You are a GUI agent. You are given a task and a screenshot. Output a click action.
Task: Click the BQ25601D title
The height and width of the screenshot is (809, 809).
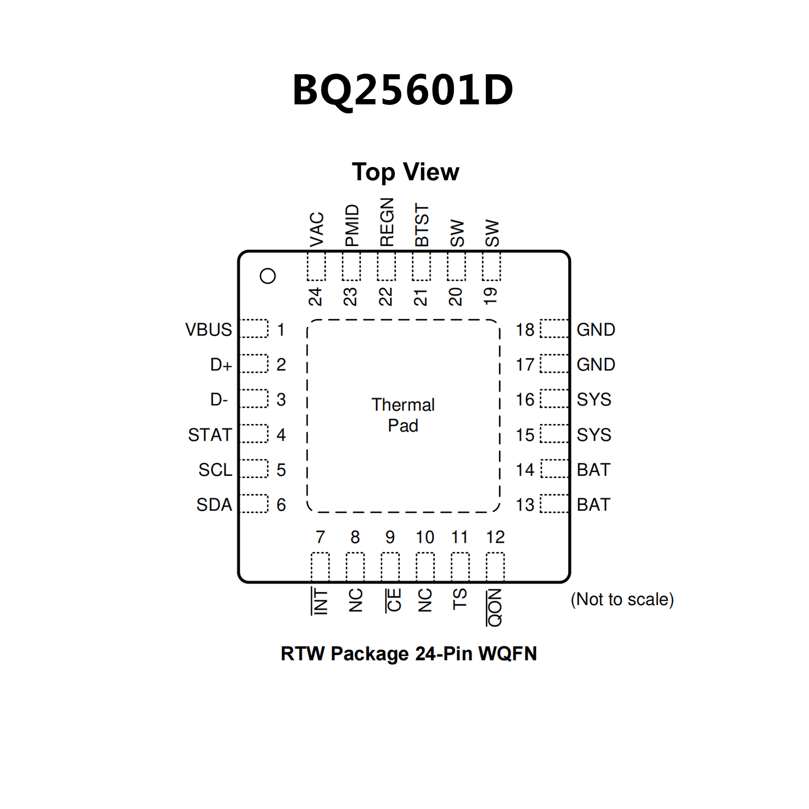[x=403, y=90]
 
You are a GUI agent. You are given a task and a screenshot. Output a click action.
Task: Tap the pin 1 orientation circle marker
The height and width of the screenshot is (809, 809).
[x=268, y=276]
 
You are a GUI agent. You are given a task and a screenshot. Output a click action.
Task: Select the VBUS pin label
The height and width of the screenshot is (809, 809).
[x=209, y=329]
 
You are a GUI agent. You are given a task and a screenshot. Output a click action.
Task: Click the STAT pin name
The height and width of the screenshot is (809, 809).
[x=210, y=435]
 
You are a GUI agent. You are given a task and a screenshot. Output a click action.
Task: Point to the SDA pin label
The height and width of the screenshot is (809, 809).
[x=214, y=505]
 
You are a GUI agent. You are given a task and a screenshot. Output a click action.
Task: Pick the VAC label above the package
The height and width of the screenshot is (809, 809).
[x=316, y=230]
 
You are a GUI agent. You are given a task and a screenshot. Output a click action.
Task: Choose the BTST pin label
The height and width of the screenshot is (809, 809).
[x=422, y=225]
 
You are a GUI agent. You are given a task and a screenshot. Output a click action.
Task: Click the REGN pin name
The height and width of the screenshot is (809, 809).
[x=386, y=222]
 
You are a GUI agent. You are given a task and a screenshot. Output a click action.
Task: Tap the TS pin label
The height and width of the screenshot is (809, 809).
[x=460, y=599]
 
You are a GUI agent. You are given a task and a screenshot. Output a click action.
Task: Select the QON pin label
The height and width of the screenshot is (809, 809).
[x=494, y=608]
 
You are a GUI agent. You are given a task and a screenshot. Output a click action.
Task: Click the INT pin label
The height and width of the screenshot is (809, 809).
[x=320, y=601]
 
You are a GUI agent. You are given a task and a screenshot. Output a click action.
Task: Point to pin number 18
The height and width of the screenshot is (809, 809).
[x=525, y=329]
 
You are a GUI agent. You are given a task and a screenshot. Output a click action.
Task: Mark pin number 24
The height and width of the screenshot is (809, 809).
[x=315, y=297]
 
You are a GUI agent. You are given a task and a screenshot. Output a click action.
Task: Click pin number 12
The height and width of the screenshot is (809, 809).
[x=495, y=537]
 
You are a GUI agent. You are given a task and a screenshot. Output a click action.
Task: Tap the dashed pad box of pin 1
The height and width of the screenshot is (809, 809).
[x=254, y=328]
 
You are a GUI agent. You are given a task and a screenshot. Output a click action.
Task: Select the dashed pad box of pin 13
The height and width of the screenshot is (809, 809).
[x=554, y=504]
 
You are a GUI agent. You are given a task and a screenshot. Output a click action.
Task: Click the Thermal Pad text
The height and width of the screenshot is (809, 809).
[x=403, y=415]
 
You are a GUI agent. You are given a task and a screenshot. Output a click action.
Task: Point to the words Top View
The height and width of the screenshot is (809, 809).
[x=405, y=172]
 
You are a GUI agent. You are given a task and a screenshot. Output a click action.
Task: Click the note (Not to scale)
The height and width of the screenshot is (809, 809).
[x=622, y=599]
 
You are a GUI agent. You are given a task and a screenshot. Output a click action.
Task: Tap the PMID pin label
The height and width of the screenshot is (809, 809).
[x=352, y=226]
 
